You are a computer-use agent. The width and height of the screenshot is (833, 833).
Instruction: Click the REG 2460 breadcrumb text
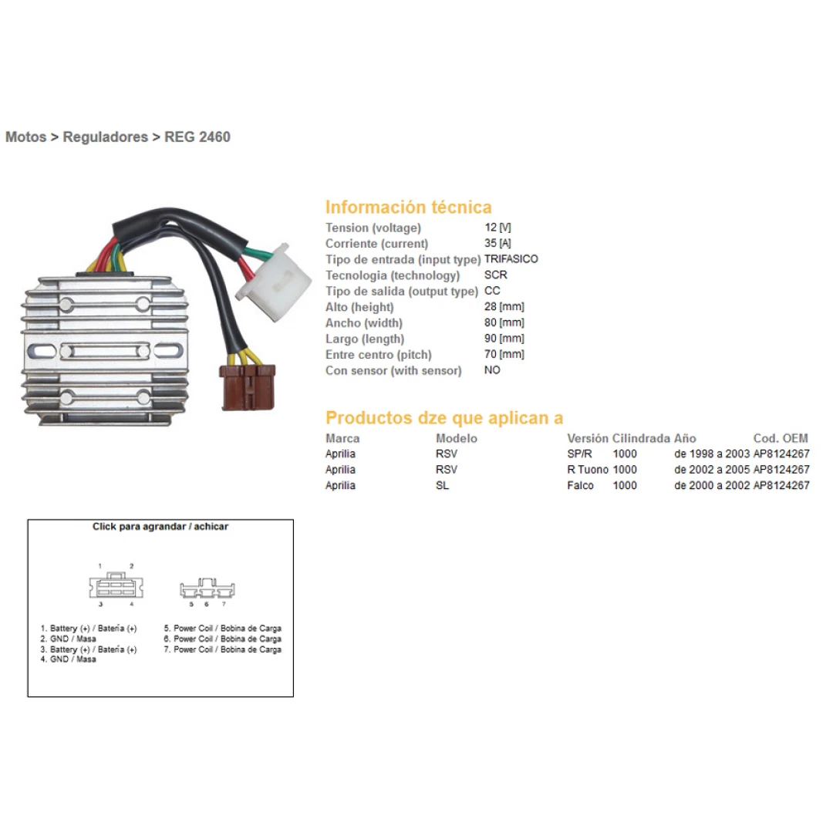197,137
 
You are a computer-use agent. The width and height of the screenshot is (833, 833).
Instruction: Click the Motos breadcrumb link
25,137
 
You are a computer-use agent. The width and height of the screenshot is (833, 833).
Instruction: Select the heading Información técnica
408,207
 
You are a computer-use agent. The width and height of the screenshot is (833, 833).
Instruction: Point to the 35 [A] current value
497,244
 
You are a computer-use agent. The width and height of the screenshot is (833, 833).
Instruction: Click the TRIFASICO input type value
511,259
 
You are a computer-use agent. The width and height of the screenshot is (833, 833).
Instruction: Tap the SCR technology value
495,275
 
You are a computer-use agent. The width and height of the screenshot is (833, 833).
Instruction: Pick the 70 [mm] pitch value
504,355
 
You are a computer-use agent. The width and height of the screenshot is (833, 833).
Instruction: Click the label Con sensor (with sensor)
393,371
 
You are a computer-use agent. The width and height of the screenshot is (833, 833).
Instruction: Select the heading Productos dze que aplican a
444,418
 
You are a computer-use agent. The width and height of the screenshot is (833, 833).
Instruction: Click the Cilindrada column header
642,438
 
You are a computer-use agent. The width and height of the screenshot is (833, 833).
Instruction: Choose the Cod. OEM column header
781,438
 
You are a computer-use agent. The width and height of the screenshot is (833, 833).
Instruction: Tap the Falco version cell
580,486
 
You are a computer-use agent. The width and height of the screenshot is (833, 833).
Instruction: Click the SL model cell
442,486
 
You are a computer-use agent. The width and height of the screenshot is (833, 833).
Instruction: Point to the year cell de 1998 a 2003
712,454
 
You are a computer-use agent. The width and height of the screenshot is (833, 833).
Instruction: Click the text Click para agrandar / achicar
160,527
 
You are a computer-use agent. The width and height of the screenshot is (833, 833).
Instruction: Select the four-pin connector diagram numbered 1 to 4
116,586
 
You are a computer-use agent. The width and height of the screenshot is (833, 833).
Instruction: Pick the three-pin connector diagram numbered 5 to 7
207,590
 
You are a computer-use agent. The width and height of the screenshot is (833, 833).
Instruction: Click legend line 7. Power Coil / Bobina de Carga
222,649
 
